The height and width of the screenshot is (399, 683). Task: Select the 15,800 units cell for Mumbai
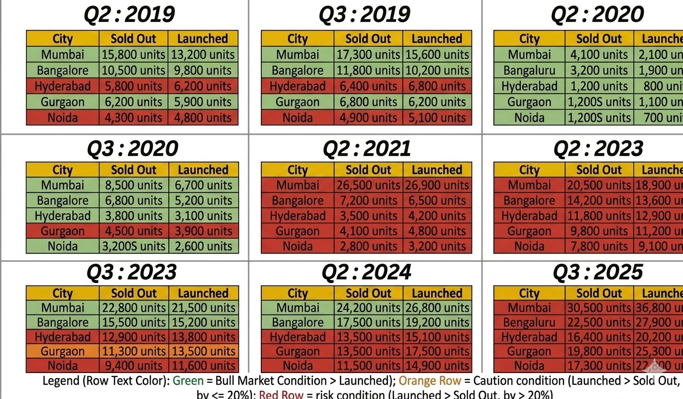[133, 54]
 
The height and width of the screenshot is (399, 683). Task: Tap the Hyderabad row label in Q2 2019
[63, 86]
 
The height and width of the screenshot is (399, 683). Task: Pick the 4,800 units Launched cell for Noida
[203, 118]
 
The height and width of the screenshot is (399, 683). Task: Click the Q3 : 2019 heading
[365, 15]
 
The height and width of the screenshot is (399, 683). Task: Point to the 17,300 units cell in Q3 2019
[368, 54]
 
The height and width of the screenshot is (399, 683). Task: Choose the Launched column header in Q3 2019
[437, 39]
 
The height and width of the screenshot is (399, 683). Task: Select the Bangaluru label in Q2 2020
[529, 70]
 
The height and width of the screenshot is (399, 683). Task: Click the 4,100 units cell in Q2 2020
[599, 54]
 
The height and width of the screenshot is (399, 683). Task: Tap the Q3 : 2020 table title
[132, 149]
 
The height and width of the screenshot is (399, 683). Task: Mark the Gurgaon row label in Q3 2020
[63, 231]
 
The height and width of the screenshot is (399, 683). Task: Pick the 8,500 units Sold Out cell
[133, 185]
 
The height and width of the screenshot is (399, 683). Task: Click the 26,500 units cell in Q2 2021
[368, 185]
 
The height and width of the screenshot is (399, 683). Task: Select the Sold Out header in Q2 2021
[368, 170]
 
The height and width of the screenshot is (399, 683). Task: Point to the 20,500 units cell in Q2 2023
[599, 185]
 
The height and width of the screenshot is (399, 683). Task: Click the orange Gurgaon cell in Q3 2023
[63, 351]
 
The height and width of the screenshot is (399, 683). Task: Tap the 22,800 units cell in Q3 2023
[133, 308]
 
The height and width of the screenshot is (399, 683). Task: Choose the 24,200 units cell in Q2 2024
[368, 308]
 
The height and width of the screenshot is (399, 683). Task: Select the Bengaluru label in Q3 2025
[529, 323]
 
